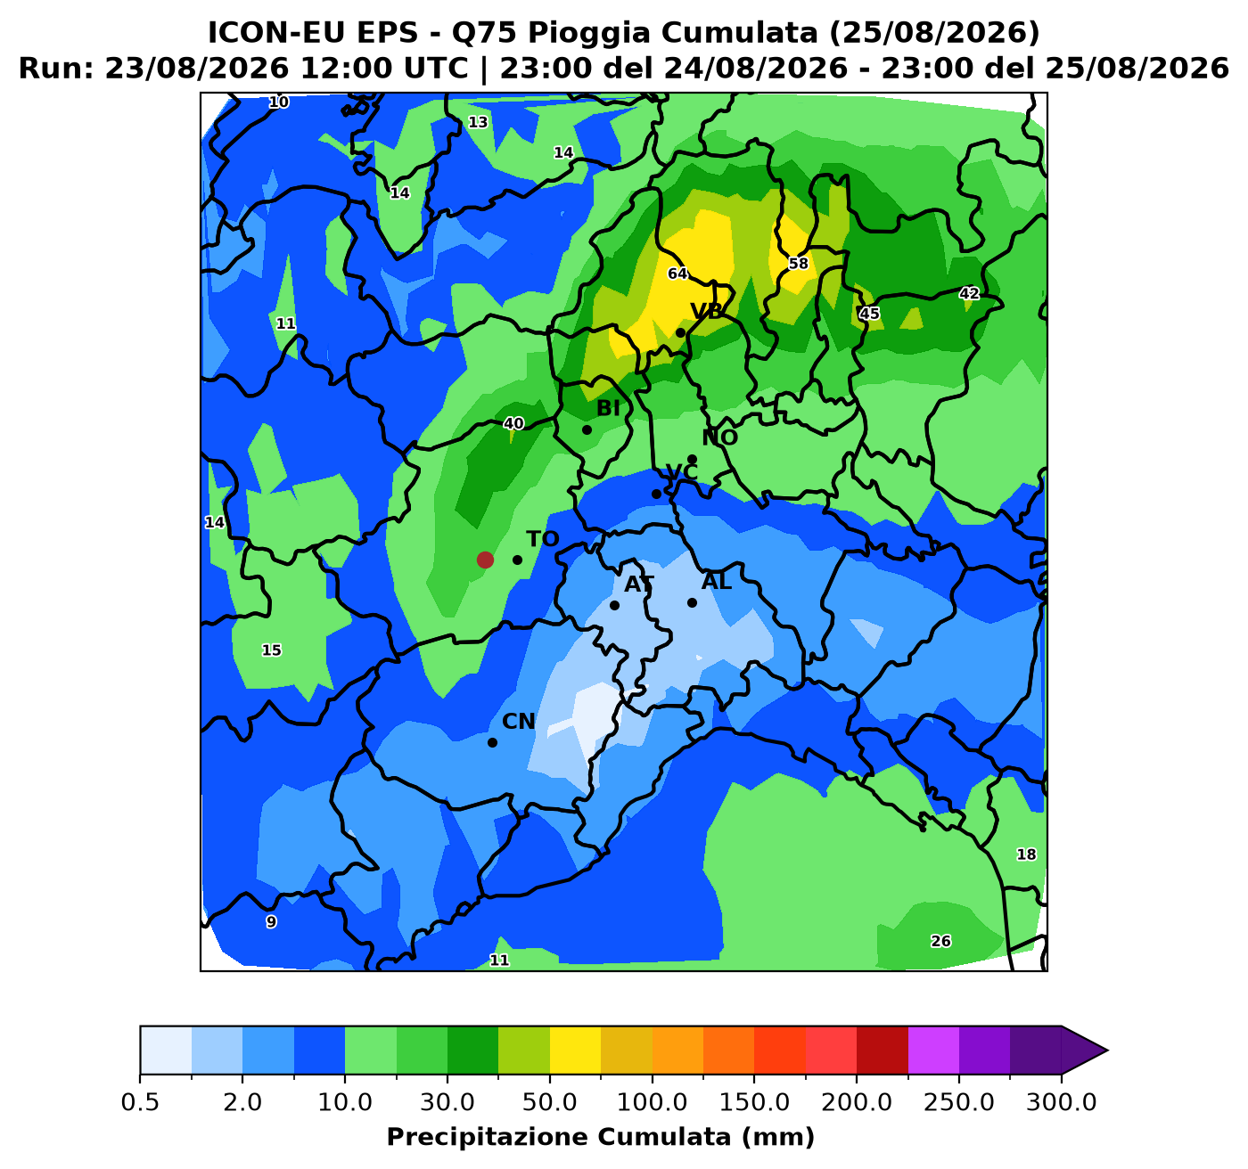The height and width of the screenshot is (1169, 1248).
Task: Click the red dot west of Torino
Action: click(x=485, y=559)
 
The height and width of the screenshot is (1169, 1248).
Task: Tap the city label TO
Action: click(x=542, y=538)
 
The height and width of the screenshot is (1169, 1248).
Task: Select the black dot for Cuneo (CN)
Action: click(x=492, y=742)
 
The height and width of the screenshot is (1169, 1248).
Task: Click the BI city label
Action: click(x=608, y=408)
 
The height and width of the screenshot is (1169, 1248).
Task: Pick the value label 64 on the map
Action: click(x=677, y=274)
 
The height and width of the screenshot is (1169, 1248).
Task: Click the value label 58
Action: click(x=798, y=263)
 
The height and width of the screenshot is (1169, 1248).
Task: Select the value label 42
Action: click(x=968, y=293)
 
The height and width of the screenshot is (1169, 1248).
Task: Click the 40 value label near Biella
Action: click(x=513, y=423)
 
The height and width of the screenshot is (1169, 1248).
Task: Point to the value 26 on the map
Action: click(x=940, y=940)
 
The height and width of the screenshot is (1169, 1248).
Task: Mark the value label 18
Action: click(x=1025, y=854)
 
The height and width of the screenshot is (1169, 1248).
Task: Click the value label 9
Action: click(x=271, y=921)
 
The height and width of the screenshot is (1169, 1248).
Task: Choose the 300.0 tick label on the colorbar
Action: click(x=1061, y=1102)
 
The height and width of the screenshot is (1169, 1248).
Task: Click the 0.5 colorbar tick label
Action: click(x=140, y=1102)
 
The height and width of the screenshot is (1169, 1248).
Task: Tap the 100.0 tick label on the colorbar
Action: click(x=652, y=1102)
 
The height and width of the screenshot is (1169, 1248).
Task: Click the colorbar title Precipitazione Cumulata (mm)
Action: click(x=600, y=1137)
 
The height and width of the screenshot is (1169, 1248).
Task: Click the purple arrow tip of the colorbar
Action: click(x=1107, y=1050)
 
